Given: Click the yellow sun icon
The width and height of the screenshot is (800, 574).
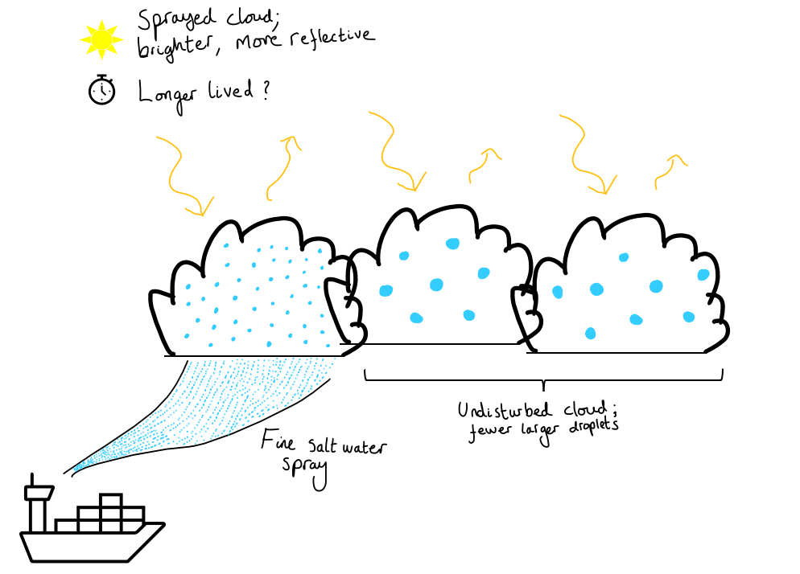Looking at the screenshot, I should [x=101, y=39].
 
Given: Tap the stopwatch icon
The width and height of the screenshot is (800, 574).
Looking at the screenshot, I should [x=102, y=90].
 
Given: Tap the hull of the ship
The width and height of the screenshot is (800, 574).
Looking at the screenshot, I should [x=89, y=546].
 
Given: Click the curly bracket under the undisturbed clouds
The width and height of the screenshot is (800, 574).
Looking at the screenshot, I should [x=544, y=378].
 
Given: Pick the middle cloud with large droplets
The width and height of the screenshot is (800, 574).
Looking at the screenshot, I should [x=439, y=281].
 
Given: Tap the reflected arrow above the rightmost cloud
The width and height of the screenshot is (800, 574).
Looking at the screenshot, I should [x=668, y=169].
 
